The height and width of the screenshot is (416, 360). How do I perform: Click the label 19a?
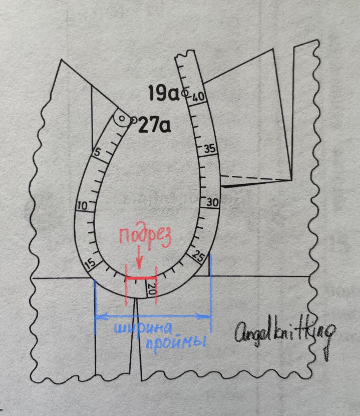(x=163, y=93)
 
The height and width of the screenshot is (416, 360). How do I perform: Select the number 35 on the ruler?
(x=210, y=149)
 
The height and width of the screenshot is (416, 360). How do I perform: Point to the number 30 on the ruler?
(x=213, y=202)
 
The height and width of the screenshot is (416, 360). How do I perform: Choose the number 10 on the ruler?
(x=82, y=206)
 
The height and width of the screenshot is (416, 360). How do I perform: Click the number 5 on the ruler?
(x=97, y=152)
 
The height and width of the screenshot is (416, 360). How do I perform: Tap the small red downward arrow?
(x=139, y=260)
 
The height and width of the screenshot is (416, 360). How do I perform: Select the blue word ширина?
(x=144, y=328)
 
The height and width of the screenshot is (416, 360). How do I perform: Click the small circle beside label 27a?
(x=134, y=120)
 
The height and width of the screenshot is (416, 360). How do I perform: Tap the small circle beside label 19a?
(x=185, y=93)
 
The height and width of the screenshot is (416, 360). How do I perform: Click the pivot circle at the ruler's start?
(x=122, y=118)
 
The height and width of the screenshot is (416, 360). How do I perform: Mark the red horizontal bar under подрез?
(x=141, y=278)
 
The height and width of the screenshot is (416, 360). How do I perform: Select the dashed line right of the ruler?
(x=255, y=178)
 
